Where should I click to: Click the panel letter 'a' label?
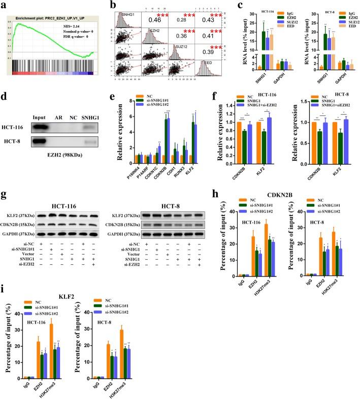4,5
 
